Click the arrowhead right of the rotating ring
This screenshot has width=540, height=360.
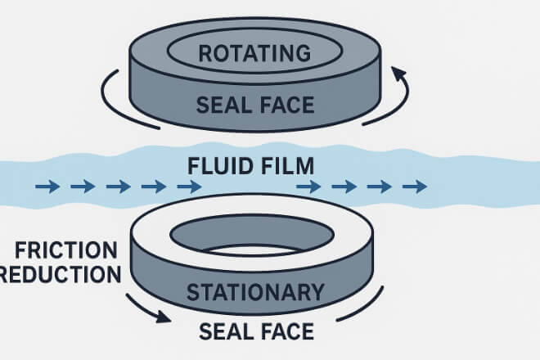pyautogui.click(x=401, y=75)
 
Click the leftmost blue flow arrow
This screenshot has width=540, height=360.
pyautogui.click(x=47, y=187)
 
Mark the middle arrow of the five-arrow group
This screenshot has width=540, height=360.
pyautogui.click(x=119, y=187)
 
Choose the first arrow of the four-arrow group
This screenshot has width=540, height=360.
pyautogui.click(x=308, y=187)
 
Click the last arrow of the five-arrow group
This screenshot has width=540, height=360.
pyautogui.click(x=189, y=187)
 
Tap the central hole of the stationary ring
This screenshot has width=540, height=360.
pyautogui.click(x=254, y=236)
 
